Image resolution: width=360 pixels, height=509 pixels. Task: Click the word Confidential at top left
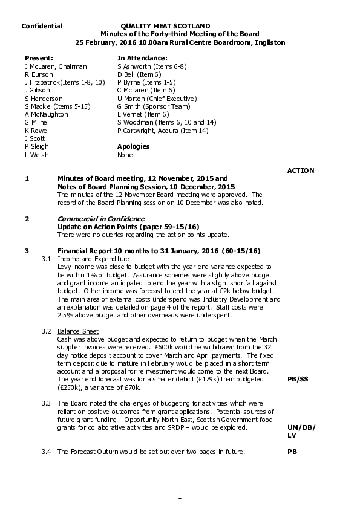(42, 27)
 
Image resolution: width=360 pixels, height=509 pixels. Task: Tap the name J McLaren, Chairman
(56, 66)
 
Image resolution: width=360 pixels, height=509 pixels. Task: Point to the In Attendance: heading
(142, 57)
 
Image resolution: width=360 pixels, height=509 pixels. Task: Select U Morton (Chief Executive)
(157, 98)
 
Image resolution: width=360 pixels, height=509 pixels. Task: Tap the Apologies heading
(133, 146)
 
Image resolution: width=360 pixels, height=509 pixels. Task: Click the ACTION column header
(300, 170)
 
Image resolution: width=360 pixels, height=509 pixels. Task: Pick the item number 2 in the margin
(27, 218)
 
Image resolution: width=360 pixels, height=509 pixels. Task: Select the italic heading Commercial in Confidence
(100, 218)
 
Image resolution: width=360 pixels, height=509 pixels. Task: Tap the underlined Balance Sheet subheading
(78, 331)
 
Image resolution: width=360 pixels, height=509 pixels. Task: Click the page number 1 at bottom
(180, 496)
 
